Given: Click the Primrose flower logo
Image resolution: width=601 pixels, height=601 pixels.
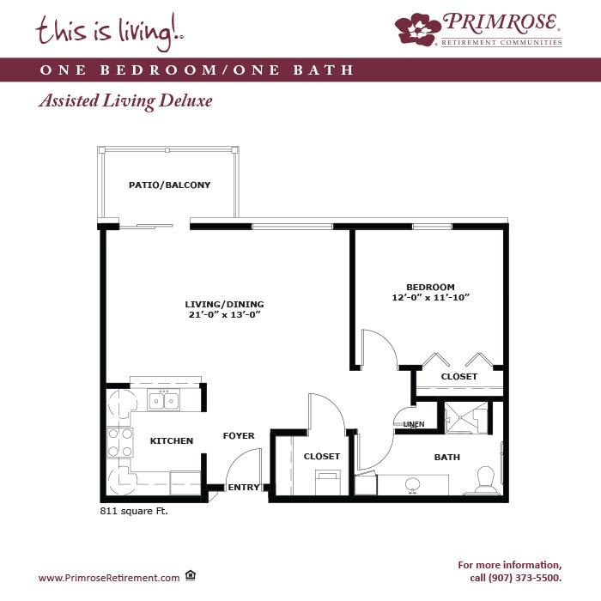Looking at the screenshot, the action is [x=418, y=29].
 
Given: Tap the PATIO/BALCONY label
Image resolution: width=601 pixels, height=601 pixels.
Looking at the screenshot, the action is [x=169, y=185].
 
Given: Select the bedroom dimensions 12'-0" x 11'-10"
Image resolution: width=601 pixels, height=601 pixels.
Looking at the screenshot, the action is [x=430, y=297].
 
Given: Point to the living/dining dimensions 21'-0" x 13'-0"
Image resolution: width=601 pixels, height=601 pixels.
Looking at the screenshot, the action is [x=225, y=315].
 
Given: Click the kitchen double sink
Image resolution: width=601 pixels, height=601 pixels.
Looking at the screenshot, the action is [x=164, y=401].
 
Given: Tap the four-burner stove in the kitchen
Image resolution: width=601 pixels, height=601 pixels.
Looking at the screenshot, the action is [x=120, y=442].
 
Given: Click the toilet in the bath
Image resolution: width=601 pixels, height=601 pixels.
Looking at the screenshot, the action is [x=487, y=479].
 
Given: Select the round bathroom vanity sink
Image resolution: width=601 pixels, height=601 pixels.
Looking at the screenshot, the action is [x=412, y=485].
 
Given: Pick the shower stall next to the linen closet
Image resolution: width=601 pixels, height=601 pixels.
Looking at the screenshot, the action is [x=465, y=418].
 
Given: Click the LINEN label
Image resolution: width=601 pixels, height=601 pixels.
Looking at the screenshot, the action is [x=414, y=424].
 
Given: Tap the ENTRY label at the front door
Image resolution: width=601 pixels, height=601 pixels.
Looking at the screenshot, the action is [x=243, y=487].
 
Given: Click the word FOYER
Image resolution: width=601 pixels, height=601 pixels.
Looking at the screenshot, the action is [x=239, y=436].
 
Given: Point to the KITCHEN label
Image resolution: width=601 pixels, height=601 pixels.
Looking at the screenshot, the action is [x=172, y=440].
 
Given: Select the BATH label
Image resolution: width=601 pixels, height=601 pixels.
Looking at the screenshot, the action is [x=447, y=457].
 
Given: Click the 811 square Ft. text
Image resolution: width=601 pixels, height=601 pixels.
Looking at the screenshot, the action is [x=134, y=511].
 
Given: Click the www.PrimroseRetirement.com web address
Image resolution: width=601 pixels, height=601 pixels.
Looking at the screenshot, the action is [x=109, y=578].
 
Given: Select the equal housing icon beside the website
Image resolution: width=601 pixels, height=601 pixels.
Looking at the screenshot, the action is [x=191, y=575].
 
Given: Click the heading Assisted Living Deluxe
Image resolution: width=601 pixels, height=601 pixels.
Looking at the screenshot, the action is [x=125, y=100].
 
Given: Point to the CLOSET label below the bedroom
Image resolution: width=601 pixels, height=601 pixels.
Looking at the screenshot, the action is [x=459, y=376].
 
